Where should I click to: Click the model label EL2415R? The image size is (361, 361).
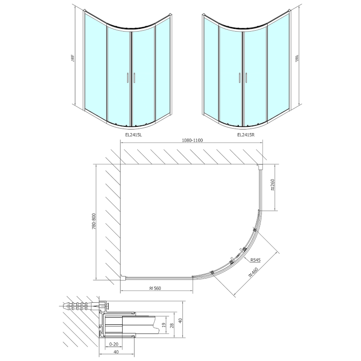pyautogui.click(x=246, y=134)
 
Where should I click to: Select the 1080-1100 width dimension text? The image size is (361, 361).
pyautogui.click(x=192, y=140)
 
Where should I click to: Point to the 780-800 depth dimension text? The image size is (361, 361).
pyautogui.click(x=93, y=221)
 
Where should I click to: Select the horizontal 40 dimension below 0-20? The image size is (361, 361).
pyautogui.click(x=116, y=352)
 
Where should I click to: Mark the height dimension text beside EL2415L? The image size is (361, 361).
pyautogui.click(x=73, y=59)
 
